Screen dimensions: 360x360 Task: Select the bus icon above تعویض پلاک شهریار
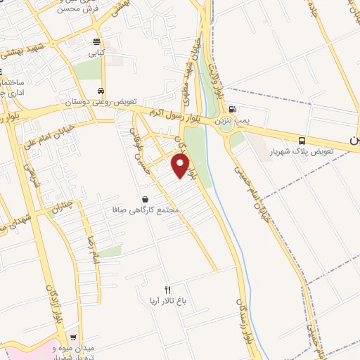(302, 141)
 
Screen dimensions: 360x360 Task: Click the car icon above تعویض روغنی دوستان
(102, 91)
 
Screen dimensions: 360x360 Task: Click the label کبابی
(96, 52)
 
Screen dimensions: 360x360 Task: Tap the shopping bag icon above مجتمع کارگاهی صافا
(145, 199)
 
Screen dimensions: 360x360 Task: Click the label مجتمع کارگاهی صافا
(146, 210)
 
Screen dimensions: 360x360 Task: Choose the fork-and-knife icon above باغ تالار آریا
(167, 289)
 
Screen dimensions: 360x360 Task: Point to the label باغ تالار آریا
(167, 300)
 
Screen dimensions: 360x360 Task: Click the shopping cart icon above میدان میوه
(72, 337)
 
